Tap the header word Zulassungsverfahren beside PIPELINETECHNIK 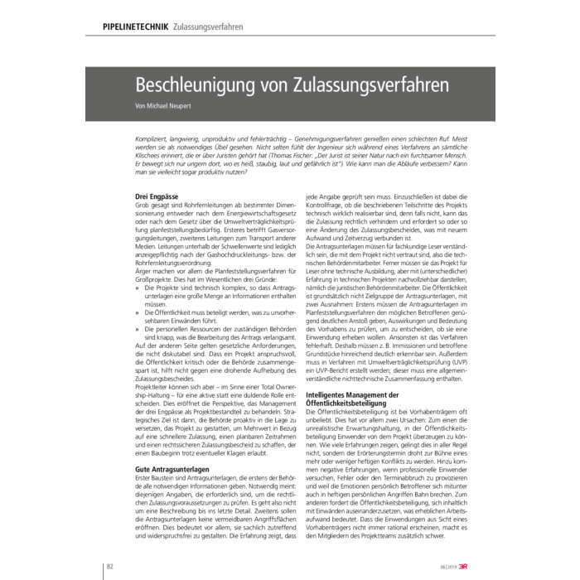[x=208, y=27]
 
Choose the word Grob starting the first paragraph [x=143, y=205]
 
